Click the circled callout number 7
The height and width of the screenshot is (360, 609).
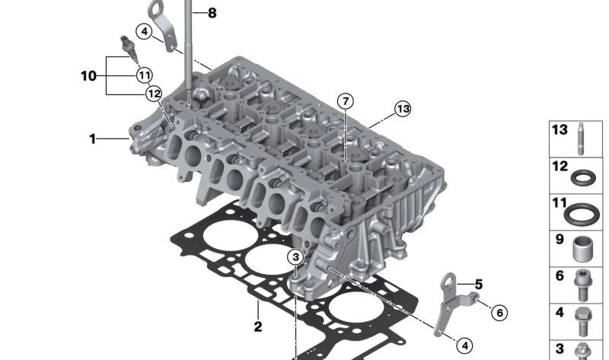(346, 101)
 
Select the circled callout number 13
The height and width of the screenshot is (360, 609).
(403, 109)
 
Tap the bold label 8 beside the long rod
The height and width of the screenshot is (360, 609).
(212, 13)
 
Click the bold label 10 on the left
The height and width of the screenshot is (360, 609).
(88, 75)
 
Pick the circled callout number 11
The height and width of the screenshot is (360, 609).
(145, 75)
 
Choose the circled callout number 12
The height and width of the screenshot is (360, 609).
(154, 94)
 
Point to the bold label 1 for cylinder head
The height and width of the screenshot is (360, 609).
(92, 139)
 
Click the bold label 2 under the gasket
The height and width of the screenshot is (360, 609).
(258, 327)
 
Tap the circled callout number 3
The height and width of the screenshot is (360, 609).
(295, 256)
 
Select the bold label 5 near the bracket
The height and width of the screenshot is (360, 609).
(479, 285)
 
